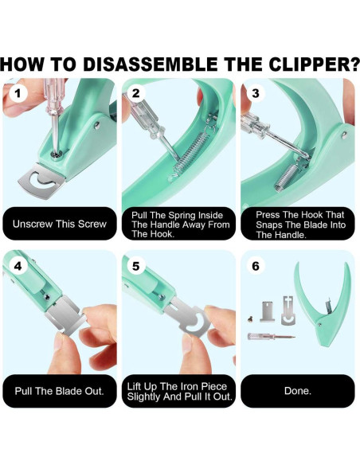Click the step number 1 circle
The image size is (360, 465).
click(x=18, y=93)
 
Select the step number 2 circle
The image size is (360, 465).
click(x=135, y=93)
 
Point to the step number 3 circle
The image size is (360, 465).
click(x=256, y=93)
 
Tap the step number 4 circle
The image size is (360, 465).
click(x=18, y=266)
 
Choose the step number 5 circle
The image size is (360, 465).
click(x=135, y=266)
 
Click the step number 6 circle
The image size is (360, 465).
click(x=256, y=266)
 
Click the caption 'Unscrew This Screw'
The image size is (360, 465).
click(x=59, y=224)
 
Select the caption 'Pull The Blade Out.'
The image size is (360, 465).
click(x=59, y=391)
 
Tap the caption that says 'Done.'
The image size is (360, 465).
click(x=297, y=391)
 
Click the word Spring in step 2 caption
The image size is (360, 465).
click(x=181, y=215)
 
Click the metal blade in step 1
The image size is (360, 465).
click(x=42, y=181)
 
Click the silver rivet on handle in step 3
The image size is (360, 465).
click(x=344, y=135)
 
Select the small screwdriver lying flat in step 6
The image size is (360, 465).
click(x=271, y=336)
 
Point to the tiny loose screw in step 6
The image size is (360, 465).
click(x=250, y=319)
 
